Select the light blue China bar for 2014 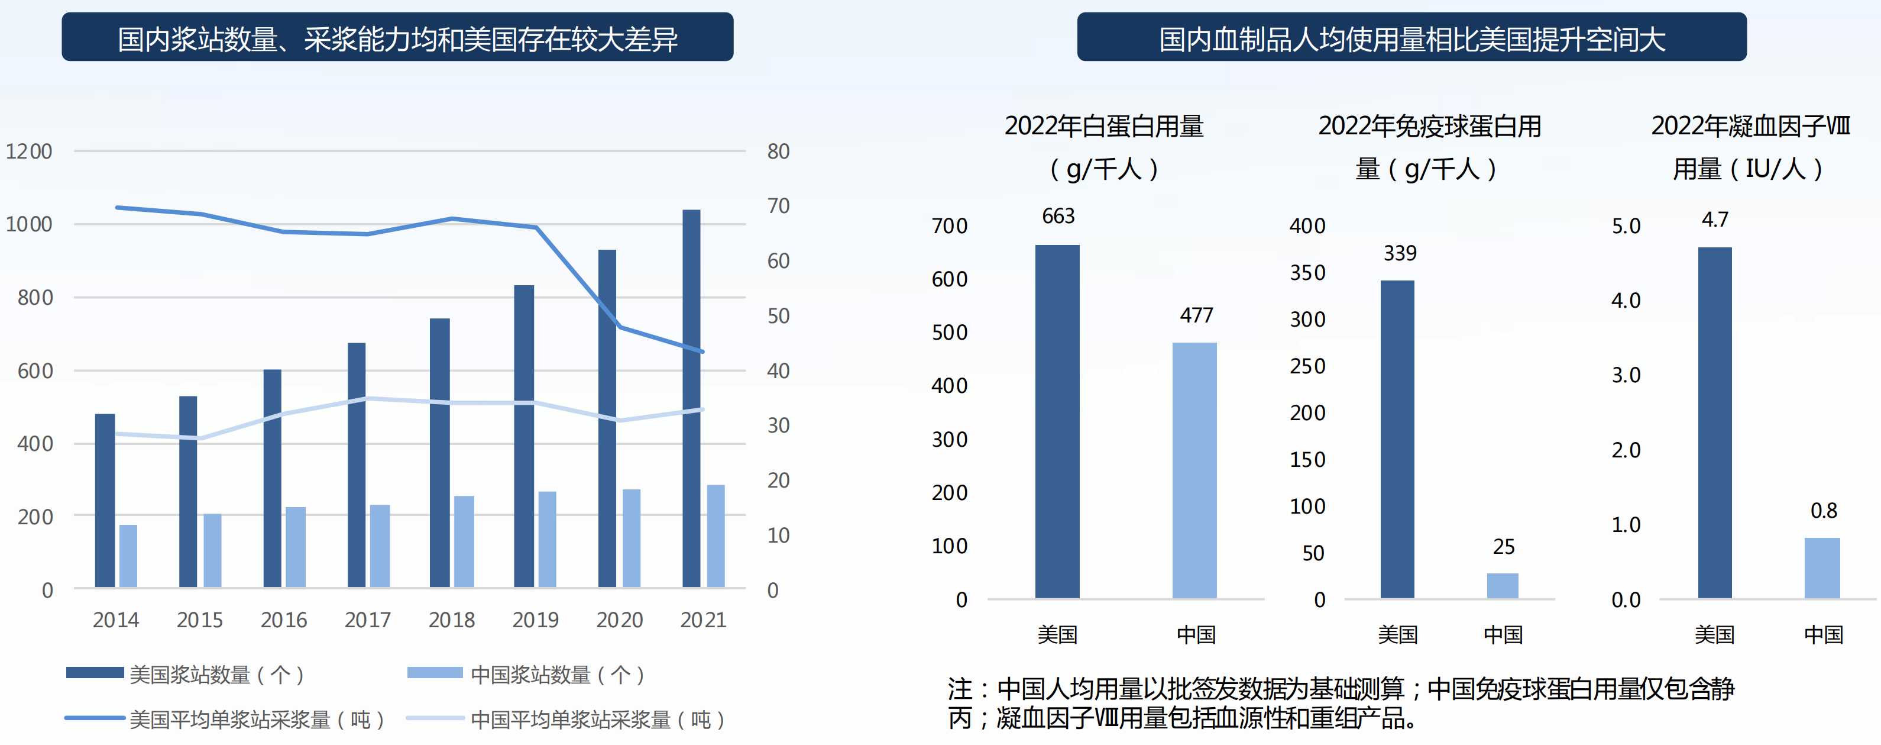coord(128,556)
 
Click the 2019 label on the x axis coord(535,620)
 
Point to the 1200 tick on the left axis coord(29,151)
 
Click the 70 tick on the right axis coord(778,206)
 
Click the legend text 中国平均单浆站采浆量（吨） coord(597,720)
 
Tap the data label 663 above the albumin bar coord(1058,216)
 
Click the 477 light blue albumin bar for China coord(1194,470)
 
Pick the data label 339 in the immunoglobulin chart coord(1400,253)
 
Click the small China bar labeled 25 coord(1503,586)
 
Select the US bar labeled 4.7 coord(1714,423)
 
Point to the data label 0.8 coord(1823,511)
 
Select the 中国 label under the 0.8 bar coord(1823,634)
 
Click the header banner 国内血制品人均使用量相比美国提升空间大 coord(1411,38)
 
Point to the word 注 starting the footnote coord(960,689)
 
